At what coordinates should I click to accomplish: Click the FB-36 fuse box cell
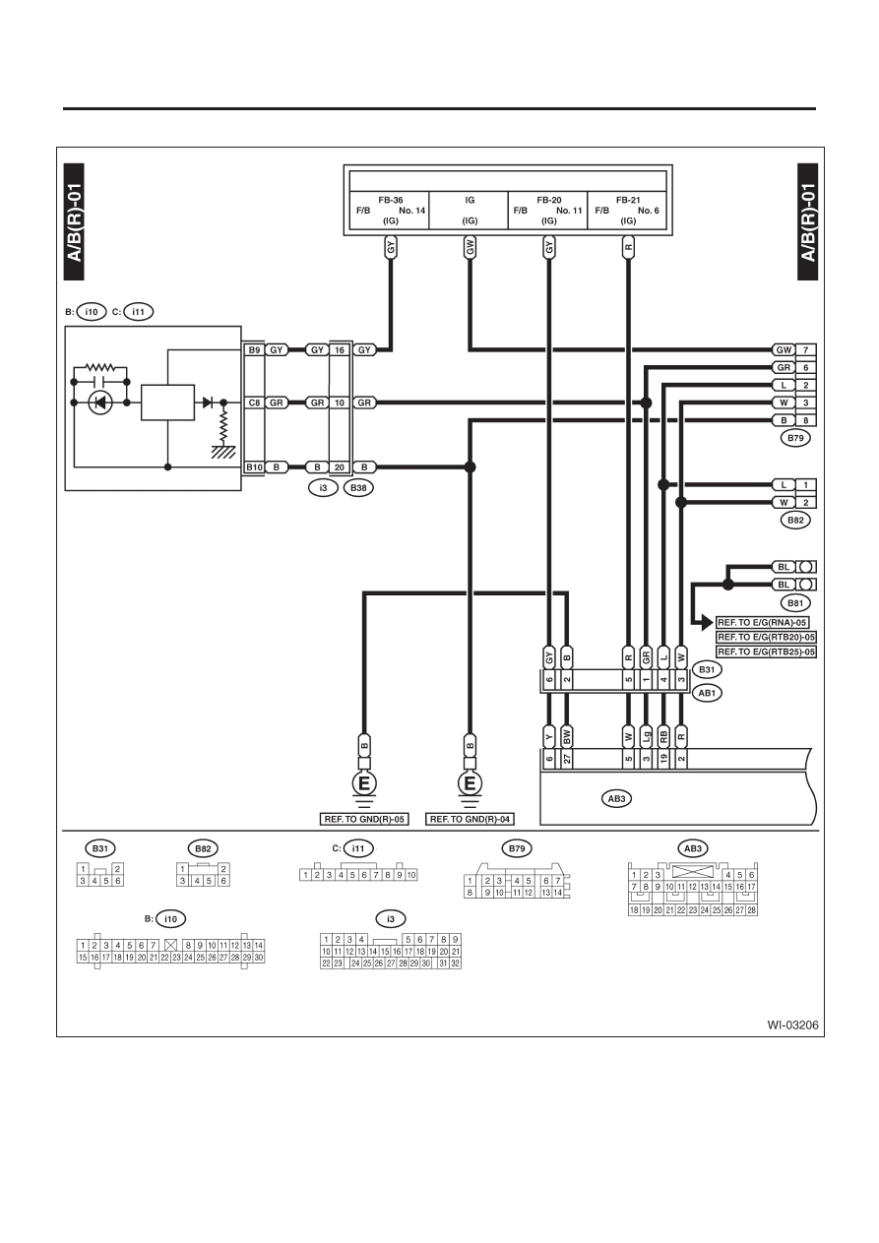tap(390, 211)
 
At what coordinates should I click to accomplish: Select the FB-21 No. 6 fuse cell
tap(627, 211)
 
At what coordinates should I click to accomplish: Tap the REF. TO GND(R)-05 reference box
tap(364, 819)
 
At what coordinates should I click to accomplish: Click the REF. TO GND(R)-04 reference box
tap(470, 819)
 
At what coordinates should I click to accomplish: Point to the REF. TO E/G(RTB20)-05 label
tap(766, 637)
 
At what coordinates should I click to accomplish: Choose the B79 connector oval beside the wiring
tap(795, 438)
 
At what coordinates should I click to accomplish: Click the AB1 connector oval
tap(707, 693)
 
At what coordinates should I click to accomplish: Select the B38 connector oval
tap(358, 488)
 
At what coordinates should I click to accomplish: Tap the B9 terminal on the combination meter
tap(254, 350)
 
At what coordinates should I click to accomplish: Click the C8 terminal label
tap(254, 403)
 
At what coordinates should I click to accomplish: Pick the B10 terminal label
tap(254, 467)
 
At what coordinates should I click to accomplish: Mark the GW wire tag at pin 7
tap(784, 350)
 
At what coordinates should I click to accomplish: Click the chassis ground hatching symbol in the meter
tap(222, 452)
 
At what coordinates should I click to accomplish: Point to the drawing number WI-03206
tap(792, 1025)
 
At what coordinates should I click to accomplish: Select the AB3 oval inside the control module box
tap(616, 798)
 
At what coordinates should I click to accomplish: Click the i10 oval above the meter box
tap(91, 312)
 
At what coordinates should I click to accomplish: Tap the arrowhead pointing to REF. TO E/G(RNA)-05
tap(707, 623)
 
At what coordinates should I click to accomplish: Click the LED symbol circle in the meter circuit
tap(100, 403)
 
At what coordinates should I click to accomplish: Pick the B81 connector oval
tap(795, 602)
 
